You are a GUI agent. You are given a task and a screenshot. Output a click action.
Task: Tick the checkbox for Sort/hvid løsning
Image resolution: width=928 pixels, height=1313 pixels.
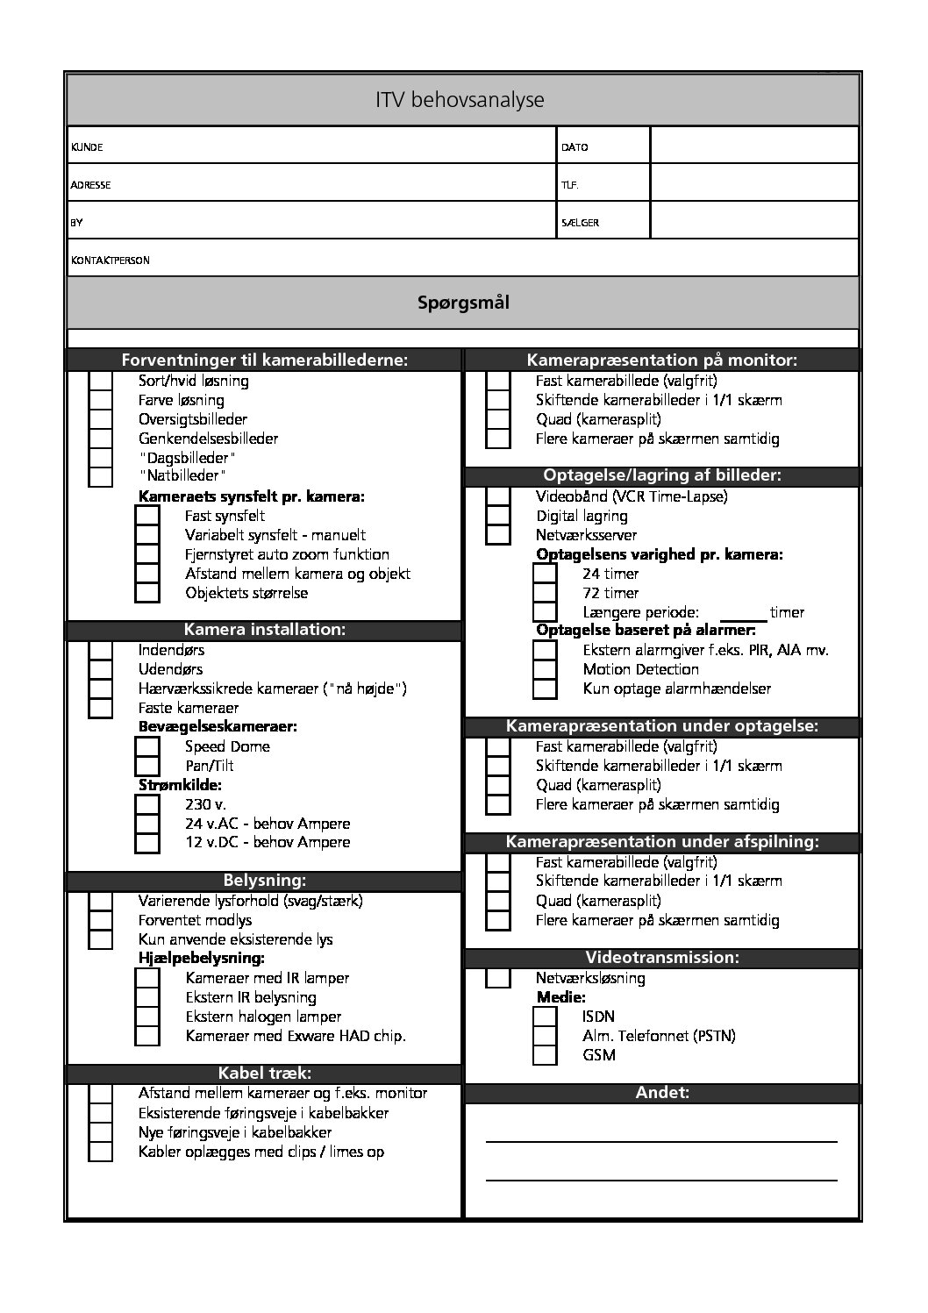pyautogui.click(x=101, y=382)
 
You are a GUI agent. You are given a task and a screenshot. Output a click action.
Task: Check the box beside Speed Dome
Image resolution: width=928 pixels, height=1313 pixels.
pyautogui.click(x=147, y=747)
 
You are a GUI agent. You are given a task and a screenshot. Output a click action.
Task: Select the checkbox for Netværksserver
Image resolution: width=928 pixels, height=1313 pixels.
pyautogui.click(x=498, y=535)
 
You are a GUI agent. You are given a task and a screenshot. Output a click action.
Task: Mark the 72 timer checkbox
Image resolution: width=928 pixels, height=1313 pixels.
pyautogui.click(x=545, y=594)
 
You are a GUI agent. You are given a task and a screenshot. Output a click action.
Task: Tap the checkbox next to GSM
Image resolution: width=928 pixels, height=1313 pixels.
pyautogui.click(x=545, y=1055)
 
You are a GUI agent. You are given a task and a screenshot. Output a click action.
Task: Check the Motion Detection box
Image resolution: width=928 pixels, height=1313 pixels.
pyautogui.click(x=545, y=669)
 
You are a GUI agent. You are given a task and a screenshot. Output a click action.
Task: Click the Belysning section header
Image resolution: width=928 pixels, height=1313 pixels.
pyautogui.click(x=264, y=881)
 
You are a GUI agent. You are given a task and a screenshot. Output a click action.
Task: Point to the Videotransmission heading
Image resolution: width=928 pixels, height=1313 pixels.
pyautogui.click(x=662, y=957)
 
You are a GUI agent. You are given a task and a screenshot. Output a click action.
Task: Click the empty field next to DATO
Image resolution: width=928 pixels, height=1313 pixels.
pyautogui.click(x=753, y=146)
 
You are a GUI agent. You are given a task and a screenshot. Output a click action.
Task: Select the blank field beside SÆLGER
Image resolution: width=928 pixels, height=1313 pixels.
pyautogui.click(x=753, y=221)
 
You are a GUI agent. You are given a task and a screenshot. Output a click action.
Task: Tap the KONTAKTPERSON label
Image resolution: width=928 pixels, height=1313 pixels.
pyautogui.click(x=111, y=260)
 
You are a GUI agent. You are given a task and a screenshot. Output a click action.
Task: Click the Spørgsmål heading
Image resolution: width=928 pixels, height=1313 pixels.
pyautogui.click(x=463, y=303)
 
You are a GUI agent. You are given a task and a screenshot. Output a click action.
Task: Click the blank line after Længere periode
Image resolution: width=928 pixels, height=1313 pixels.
pyautogui.click(x=742, y=613)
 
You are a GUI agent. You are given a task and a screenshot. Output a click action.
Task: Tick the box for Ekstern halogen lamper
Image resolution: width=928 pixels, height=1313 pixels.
pyautogui.click(x=147, y=1017)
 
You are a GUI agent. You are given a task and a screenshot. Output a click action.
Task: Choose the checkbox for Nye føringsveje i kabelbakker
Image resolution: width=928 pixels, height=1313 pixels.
pyautogui.click(x=101, y=1133)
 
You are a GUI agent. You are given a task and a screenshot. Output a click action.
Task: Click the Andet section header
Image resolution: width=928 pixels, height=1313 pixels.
pyautogui.click(x=662, y=1093)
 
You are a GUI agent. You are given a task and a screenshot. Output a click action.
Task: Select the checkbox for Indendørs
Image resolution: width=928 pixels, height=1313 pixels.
pyautogui.click(x=101, y=651)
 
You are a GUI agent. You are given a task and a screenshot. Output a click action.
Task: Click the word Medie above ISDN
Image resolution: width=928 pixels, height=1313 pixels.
pyautogui.click(x=560, y=997)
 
